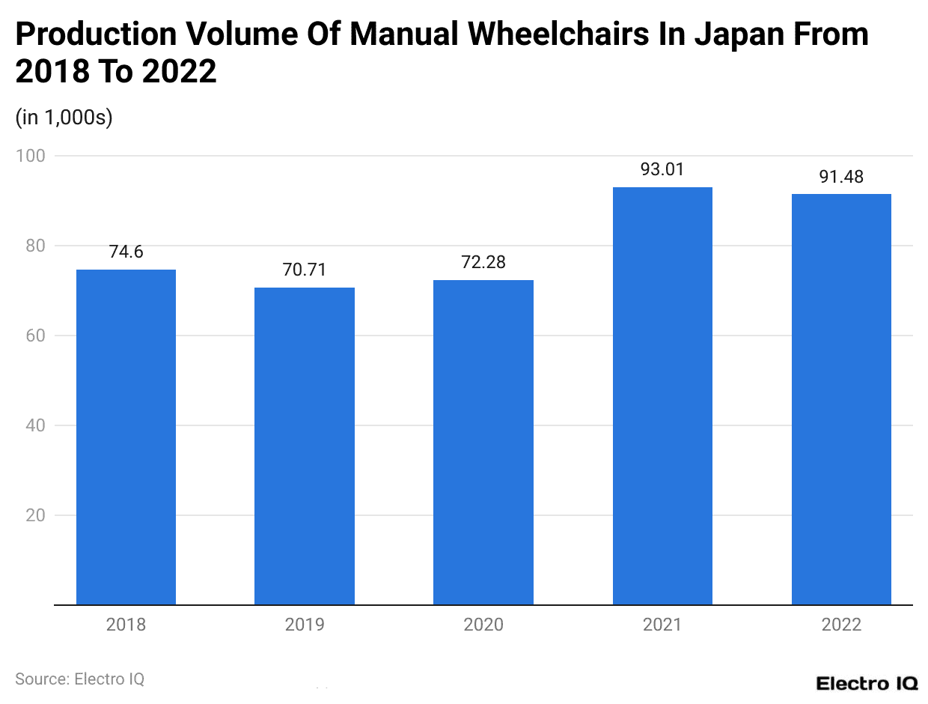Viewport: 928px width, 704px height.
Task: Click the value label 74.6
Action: [126, 252]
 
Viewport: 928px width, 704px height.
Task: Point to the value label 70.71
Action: [305, 270]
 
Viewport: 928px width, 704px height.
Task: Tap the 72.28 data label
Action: [483, 263]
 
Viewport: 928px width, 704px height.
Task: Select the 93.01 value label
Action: [662, 170]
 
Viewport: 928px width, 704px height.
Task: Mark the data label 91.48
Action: [841, 177]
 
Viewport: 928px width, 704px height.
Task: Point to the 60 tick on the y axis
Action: [34, 336]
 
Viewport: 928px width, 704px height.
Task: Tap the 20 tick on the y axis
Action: [34, 515]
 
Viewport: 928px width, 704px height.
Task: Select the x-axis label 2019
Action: [305, 625]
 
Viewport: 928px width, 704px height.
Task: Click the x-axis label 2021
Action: [662, 625]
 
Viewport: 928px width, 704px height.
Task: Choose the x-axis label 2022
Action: [841, 625]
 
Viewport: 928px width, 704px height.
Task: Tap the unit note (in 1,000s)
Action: [64, 118]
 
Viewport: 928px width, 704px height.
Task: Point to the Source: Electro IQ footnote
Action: [79, 679]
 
